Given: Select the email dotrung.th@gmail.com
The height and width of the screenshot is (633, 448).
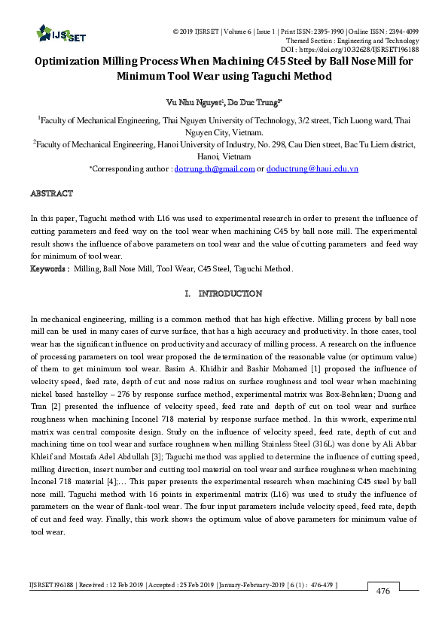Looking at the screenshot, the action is point(215,169).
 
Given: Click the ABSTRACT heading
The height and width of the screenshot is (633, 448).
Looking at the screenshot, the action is point(51,193).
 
